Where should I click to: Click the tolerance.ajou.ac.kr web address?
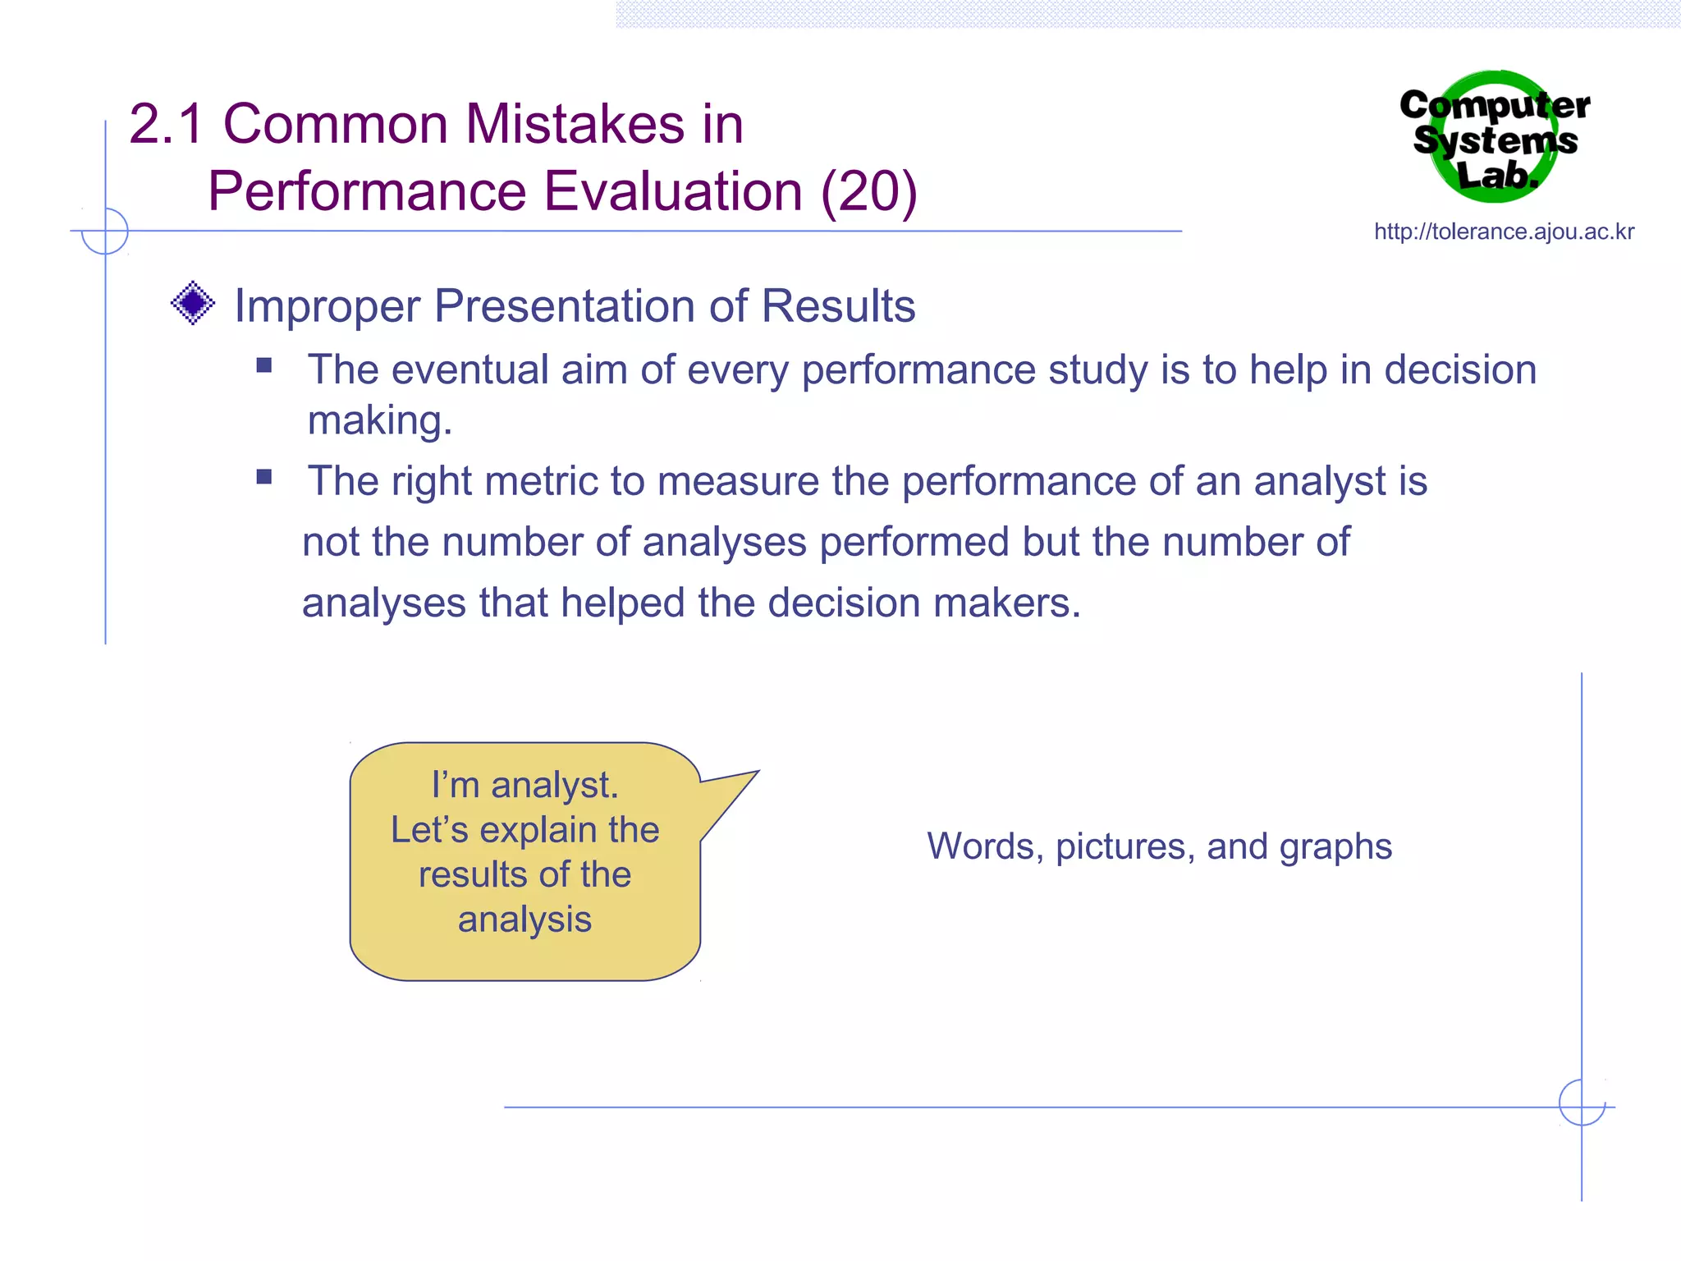click(x=1504, y=232)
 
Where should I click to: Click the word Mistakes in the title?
click(x=575, y=125)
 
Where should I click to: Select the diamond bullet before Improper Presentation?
click(x=193, y=304)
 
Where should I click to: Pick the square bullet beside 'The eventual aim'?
click(x=263, y=365)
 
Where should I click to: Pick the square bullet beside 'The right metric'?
click(x=263, y=477)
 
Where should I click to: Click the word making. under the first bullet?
click(x=379, y=420)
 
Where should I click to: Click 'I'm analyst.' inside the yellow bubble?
click(x=524, y=785)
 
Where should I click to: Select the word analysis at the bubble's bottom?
click(x=524, y=919)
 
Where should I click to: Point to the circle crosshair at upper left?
click(x=105, y=232)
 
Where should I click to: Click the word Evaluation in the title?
click(x=673, y=192)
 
